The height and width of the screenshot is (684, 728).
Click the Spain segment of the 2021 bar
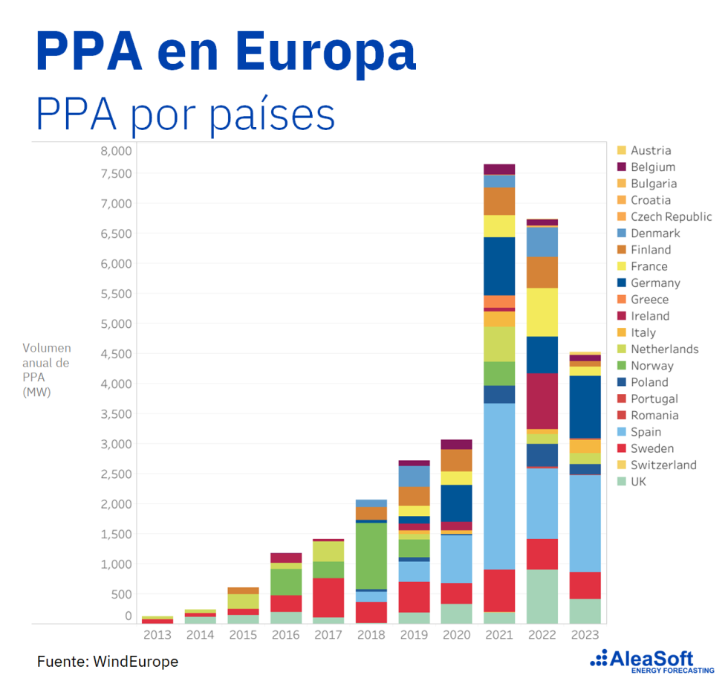click(x=499, y=486)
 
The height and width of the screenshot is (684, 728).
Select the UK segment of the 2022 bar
click(x=542, y=596)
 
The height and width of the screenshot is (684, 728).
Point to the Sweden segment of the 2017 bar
click(x=328, y=597)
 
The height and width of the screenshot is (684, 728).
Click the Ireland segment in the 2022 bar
click(x=542, y=401)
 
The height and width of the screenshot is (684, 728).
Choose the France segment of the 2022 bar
click(x=542, y=312)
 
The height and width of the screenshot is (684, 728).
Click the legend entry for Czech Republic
click(x=671, y=216)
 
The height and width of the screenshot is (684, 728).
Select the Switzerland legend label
click(x=663, y=465)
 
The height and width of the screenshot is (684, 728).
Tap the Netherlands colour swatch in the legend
click(x=622, y=349)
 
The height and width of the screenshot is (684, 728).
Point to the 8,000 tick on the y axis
click(x=115, y=150)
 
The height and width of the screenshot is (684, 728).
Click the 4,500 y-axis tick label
click(x=115, y=354)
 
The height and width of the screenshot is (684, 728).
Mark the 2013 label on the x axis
click(x=157, y=635)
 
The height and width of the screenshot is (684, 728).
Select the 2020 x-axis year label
click(x=456, y=635)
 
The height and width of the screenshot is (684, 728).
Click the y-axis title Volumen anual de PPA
click(x=46, y=370)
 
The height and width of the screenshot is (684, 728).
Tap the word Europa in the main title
click(x=327, y=52)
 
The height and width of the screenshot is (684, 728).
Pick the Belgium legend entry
click(x=653, y=167)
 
